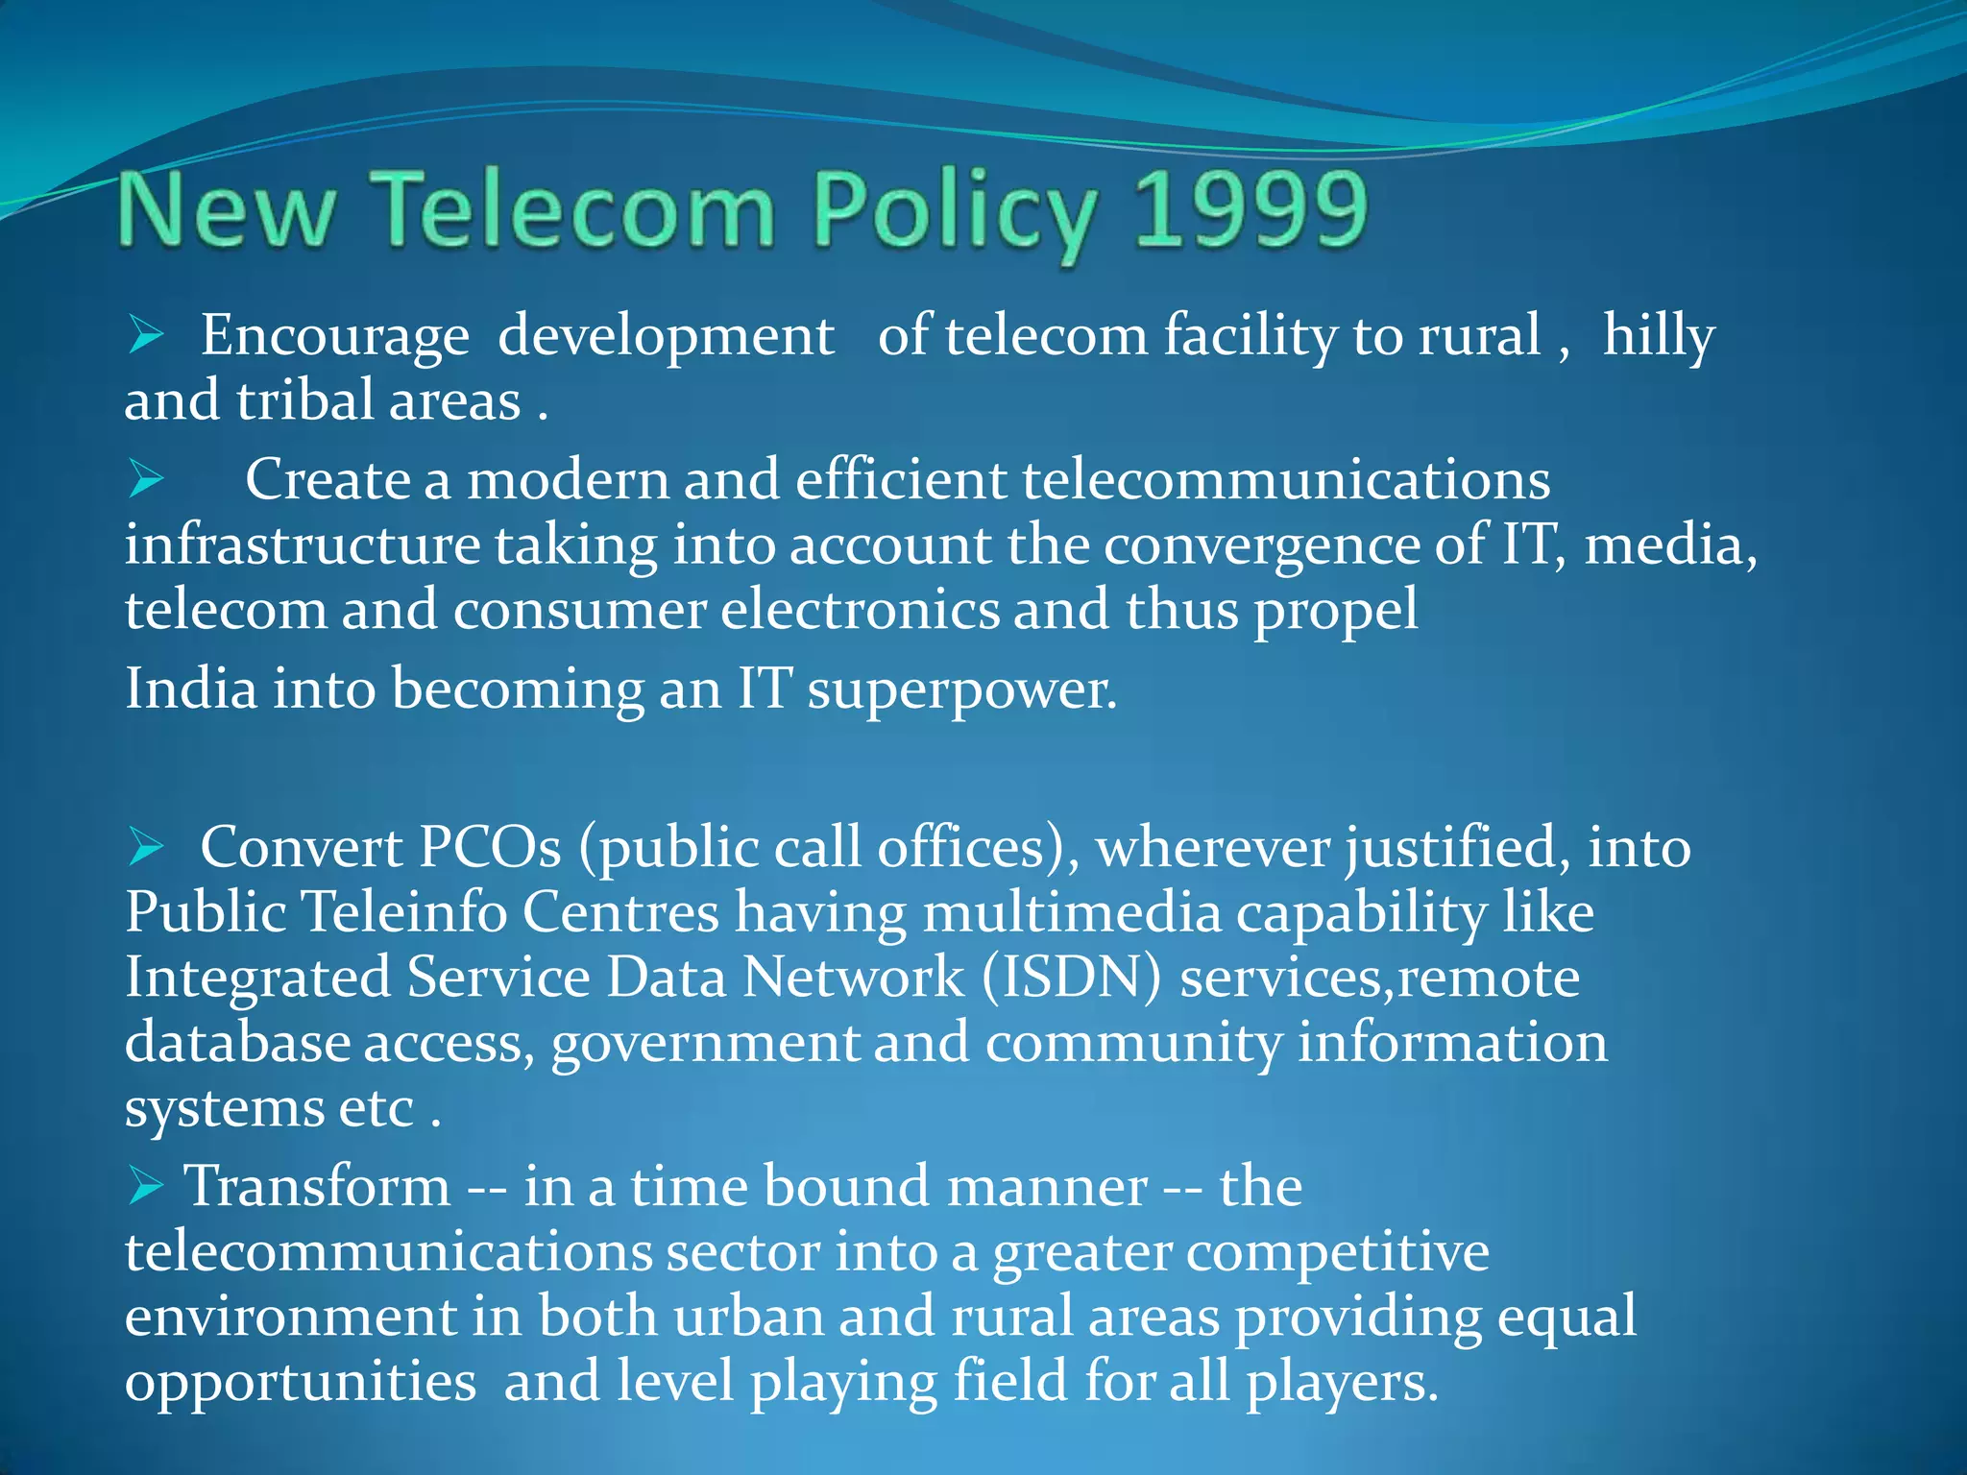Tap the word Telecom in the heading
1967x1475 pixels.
tap(573, 209)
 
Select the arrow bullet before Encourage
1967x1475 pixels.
tap(146, 336)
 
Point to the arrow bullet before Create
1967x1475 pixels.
tap(146, 479)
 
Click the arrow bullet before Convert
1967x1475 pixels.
tap(146, 847)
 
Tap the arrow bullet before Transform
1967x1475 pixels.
tap(146, 1187)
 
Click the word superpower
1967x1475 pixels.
tap(962, 690)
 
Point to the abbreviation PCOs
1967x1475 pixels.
tap(490, 848)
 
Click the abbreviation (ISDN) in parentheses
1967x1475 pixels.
tap(1071, 978)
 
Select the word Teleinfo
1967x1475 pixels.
tap(404, 911)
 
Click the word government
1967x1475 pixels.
tap(706, 1044)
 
